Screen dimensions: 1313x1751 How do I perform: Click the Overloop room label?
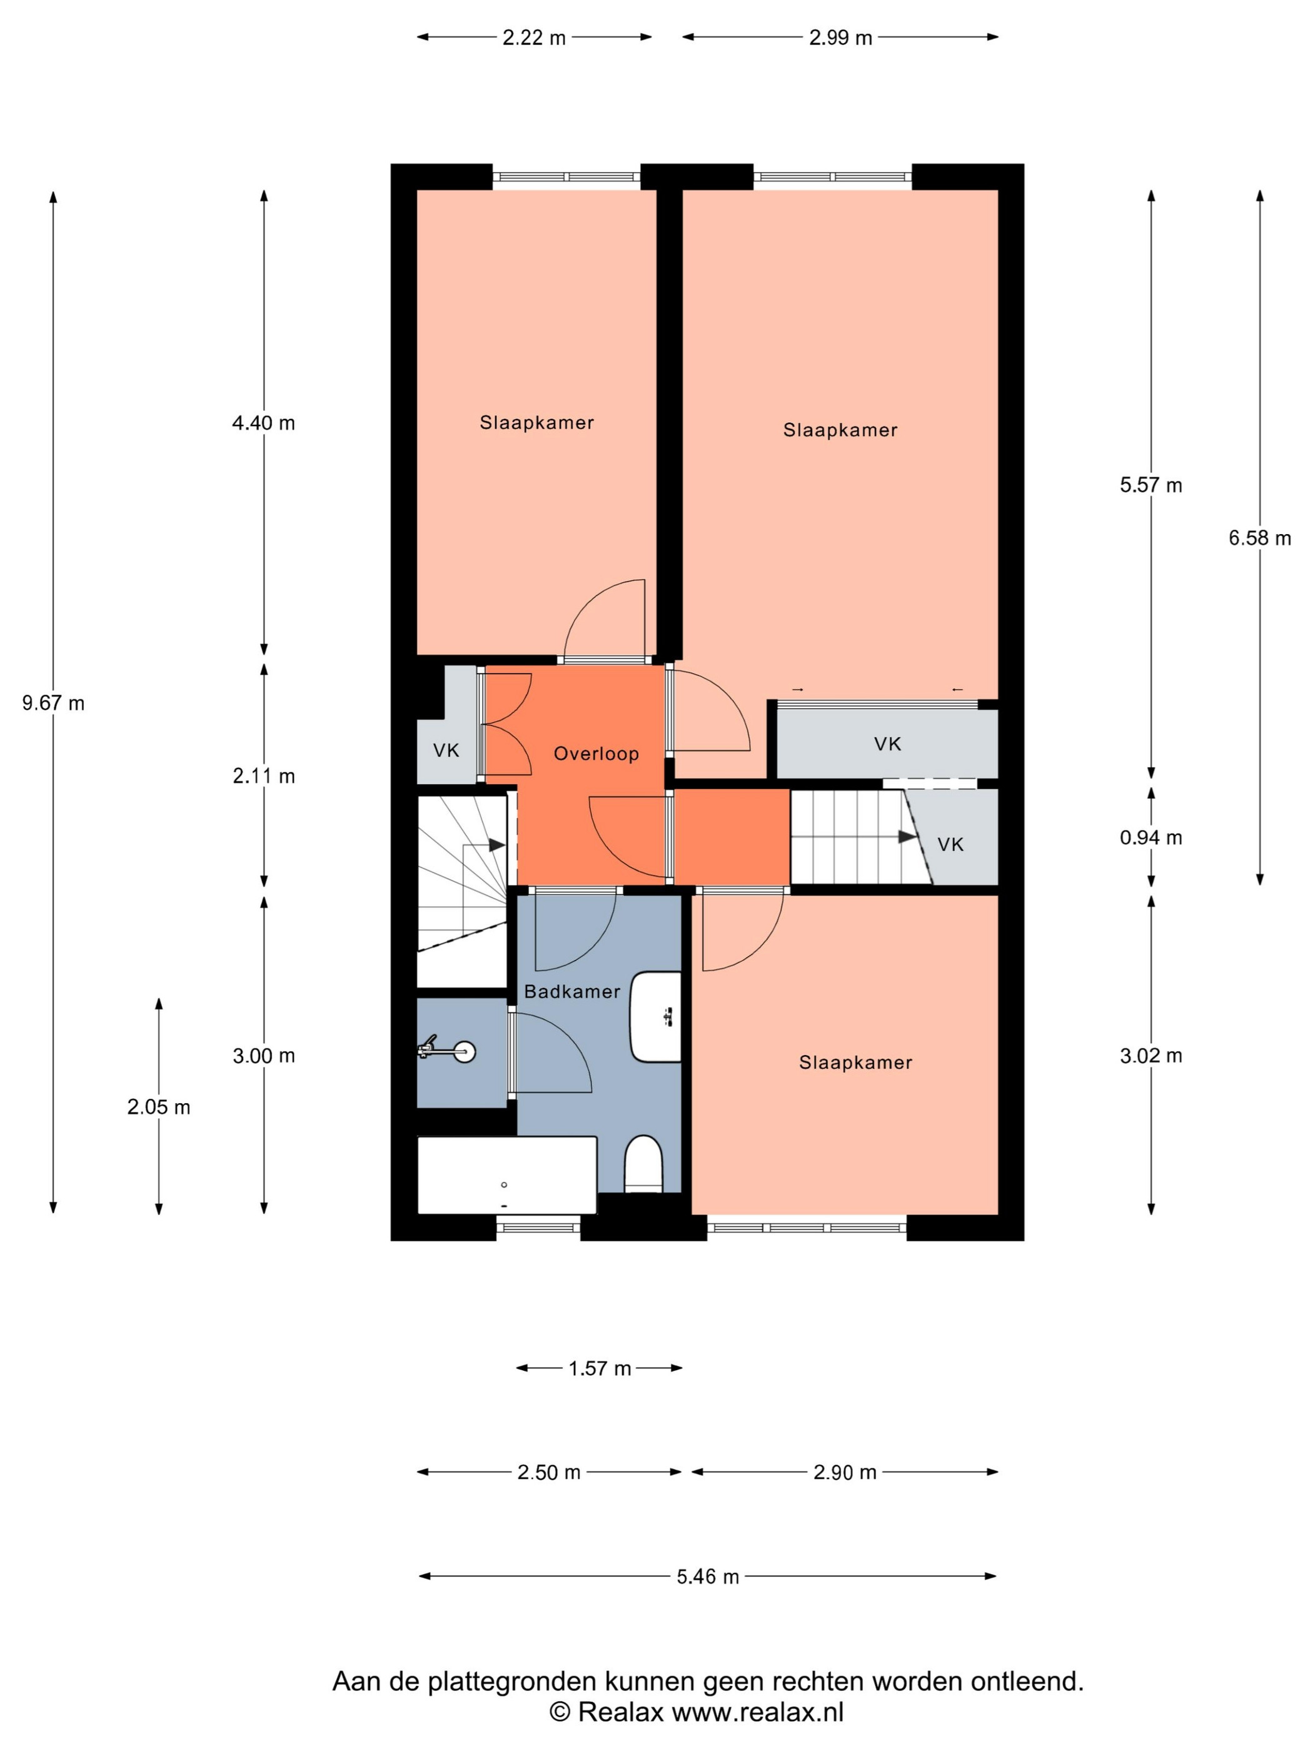pos(595,754)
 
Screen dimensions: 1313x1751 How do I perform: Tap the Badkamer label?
pos(571,991)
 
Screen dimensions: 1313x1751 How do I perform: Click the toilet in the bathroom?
pos(643,1164)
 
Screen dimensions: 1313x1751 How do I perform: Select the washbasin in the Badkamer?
pos(655,1016)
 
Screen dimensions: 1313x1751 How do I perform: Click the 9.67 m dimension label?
pos(53,703)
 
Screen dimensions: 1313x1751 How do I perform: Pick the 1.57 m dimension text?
pos(599,1368)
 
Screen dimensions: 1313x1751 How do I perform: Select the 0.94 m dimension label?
pos(1151,837)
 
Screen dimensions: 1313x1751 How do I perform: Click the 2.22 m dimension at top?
pos(534,37)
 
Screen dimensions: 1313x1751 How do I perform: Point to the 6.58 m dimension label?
pos(1259,538)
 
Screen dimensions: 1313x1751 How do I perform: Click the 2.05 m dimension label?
pos(158,1107)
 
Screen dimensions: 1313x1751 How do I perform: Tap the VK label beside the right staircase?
pos(950,845)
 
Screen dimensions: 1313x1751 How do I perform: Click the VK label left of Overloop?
pos(446,750)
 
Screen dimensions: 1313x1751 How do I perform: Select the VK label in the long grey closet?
pos(887,744)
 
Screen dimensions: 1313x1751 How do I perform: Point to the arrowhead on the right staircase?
pos(908,837)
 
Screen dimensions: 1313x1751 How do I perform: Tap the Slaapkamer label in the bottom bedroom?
pos(855,1062)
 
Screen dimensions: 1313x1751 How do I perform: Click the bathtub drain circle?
pos(504,1185)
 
